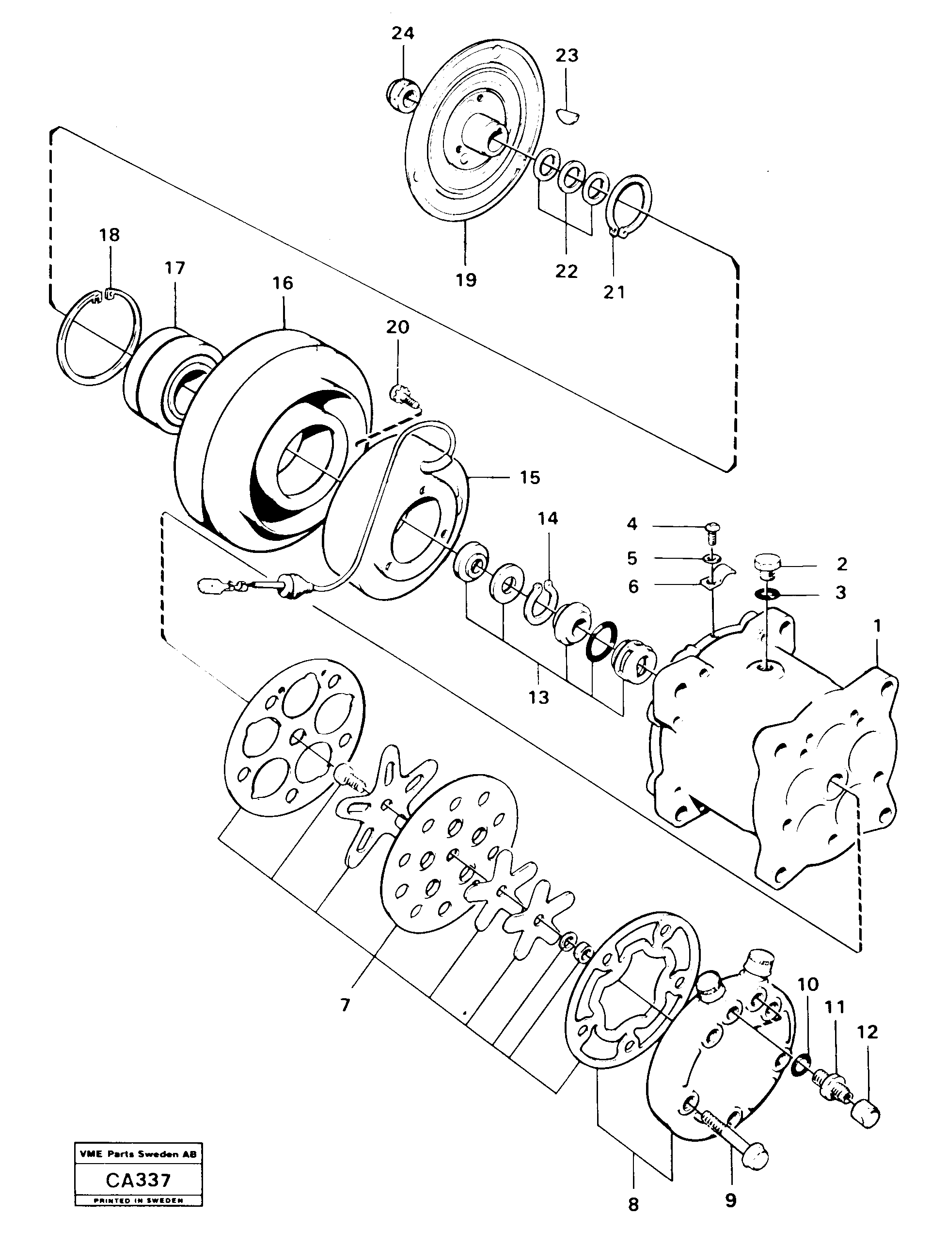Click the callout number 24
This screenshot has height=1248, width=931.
(402, 34)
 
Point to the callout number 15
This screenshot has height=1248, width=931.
(529, 477)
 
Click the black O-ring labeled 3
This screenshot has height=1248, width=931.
(768, 593)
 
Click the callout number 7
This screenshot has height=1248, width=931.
(346, 1005)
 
